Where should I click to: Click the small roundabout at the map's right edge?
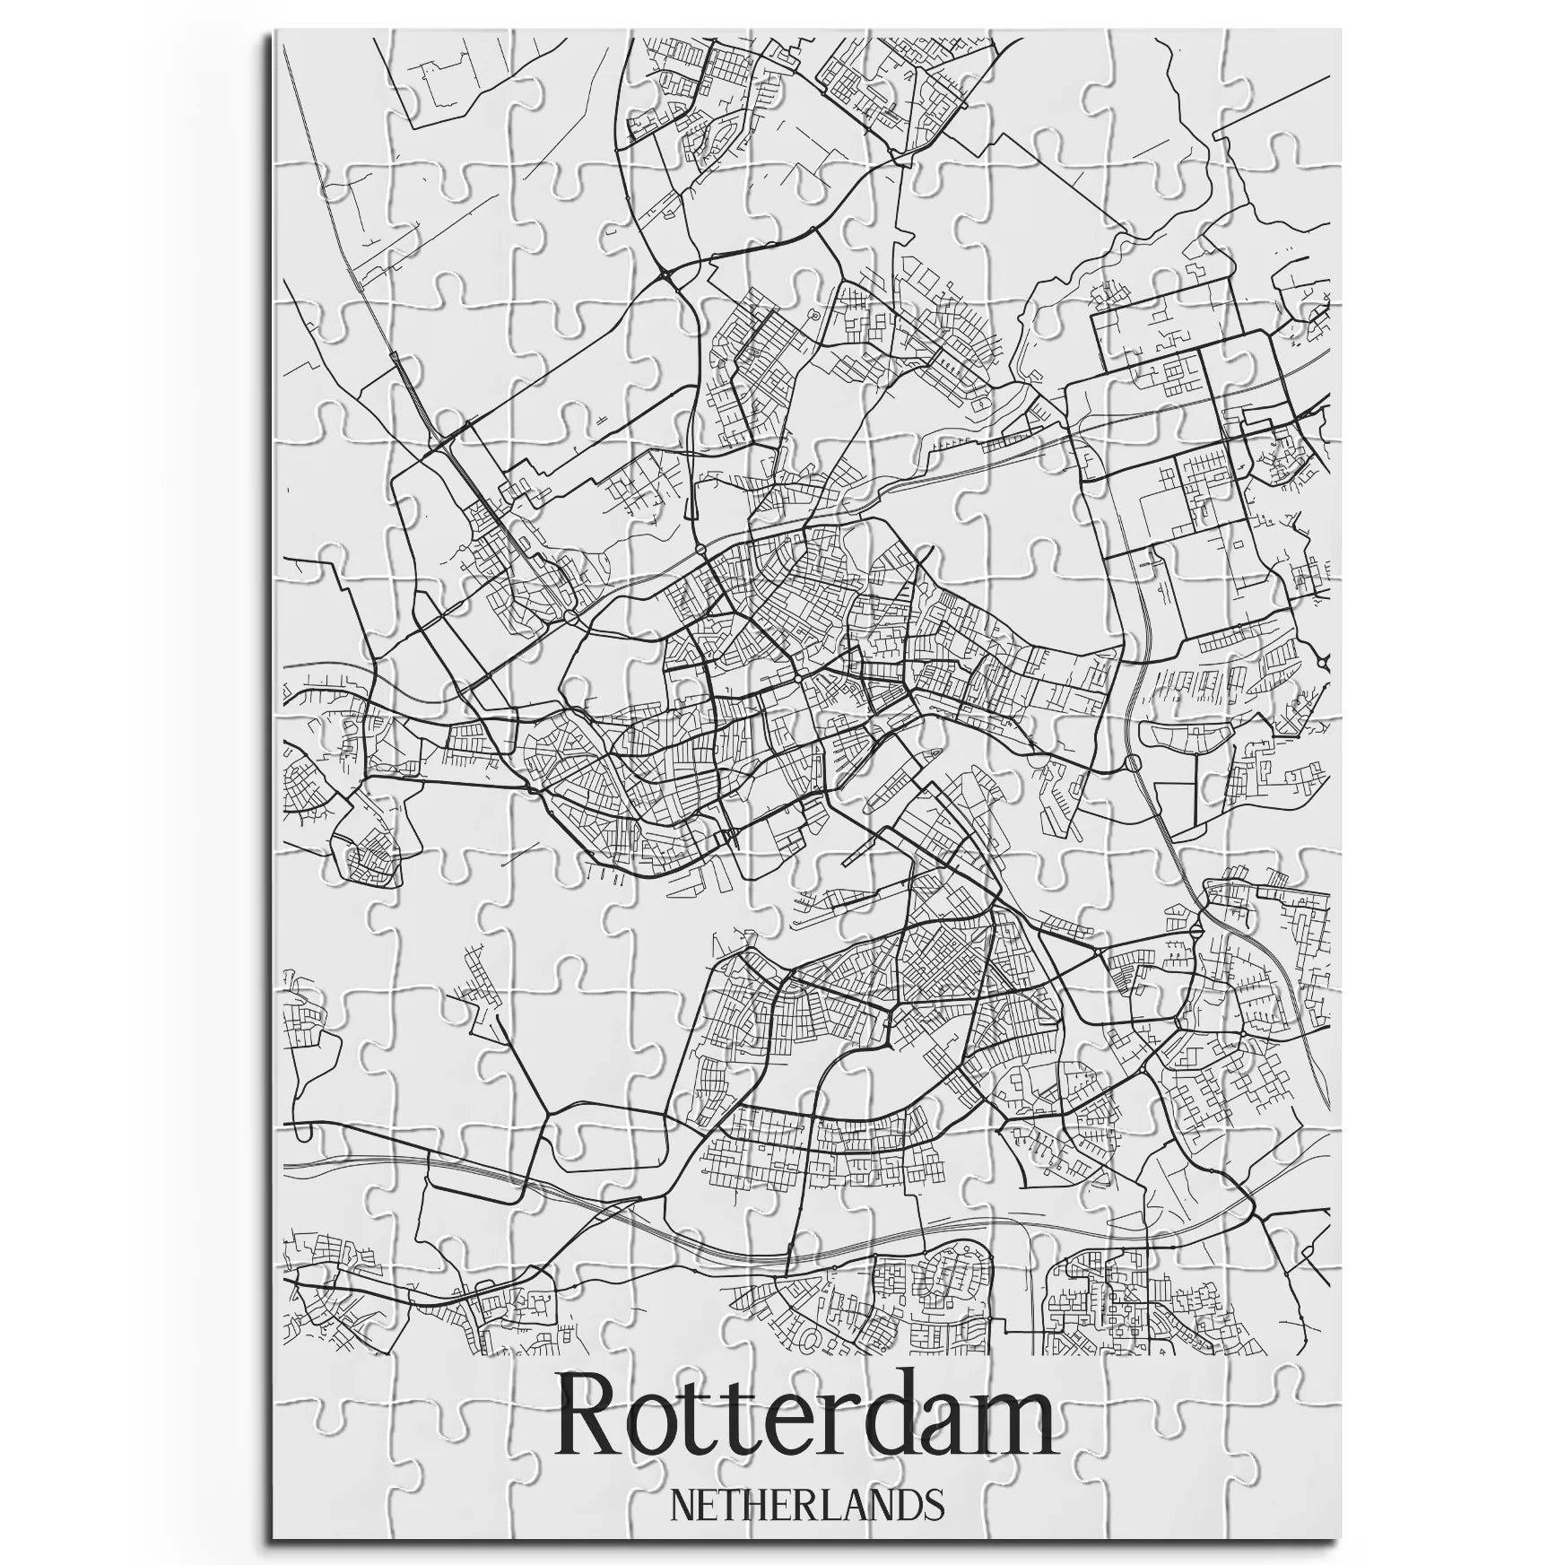(1325, 663)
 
